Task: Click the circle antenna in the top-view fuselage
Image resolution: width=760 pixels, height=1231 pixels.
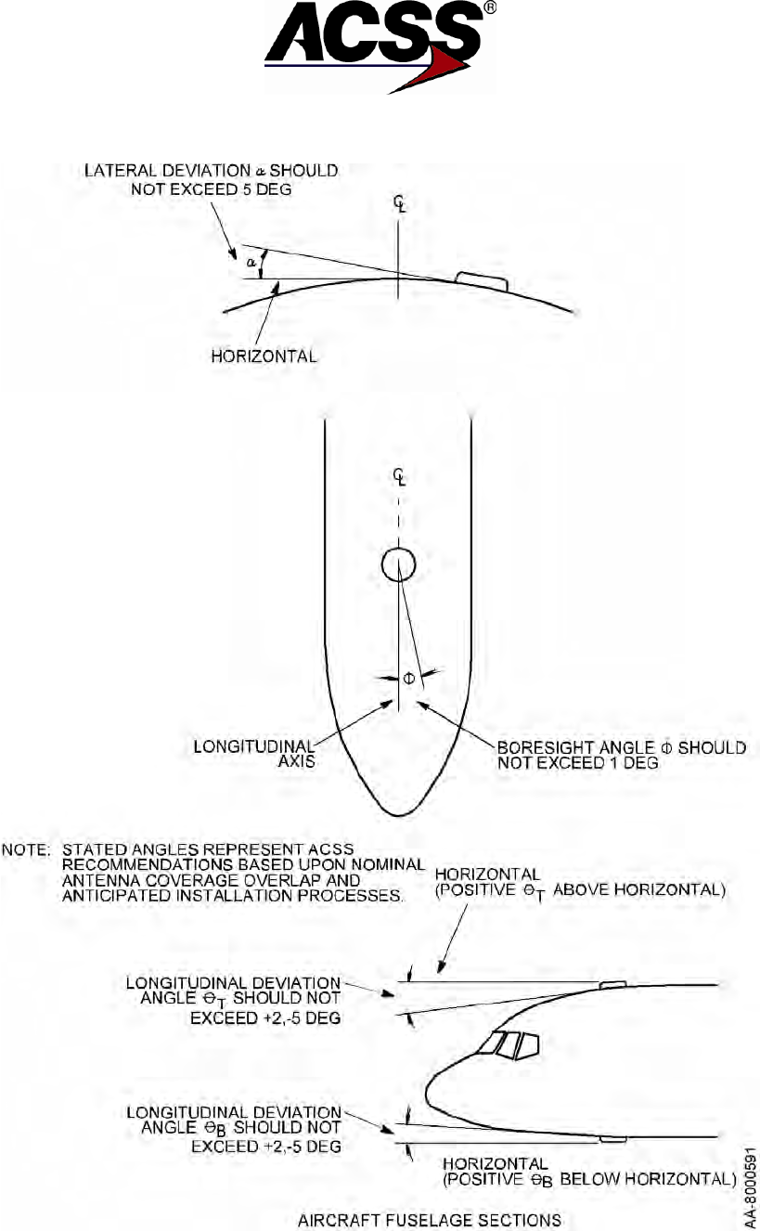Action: point(398,564)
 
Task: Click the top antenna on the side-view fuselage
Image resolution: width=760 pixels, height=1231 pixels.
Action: point(612,984)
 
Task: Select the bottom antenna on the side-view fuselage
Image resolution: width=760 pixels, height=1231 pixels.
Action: point(612,1138)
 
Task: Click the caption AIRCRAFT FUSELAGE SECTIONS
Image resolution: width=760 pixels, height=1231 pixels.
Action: point(429,1218)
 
